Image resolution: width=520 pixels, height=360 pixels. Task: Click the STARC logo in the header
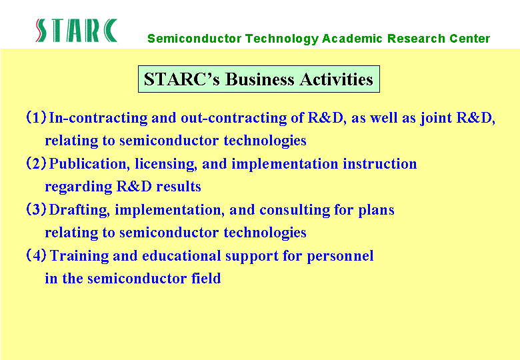click(x=77, y=31)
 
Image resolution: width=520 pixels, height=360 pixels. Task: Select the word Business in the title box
click(x=260, y=79)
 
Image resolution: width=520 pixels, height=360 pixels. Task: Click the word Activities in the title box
click(x=336, y=79)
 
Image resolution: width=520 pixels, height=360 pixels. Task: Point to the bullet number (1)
click(x=36, y=117)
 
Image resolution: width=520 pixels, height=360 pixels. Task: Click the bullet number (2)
click(x=36, y=163)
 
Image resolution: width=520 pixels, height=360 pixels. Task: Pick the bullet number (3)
click(x=36, y=209)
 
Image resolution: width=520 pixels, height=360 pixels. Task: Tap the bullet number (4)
click(x=36, y=255)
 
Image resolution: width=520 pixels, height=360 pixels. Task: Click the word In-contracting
click(x=98, y=119)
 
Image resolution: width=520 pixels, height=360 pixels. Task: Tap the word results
click(x=179, y=187)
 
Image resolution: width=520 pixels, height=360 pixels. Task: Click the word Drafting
click(x=79, y=210)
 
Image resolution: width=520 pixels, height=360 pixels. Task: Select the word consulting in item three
click(x=295, y=210)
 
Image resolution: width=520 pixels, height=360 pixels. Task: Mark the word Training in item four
click(x=79, y=256)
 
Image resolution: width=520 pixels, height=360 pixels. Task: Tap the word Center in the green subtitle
click(x=469, y=39)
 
